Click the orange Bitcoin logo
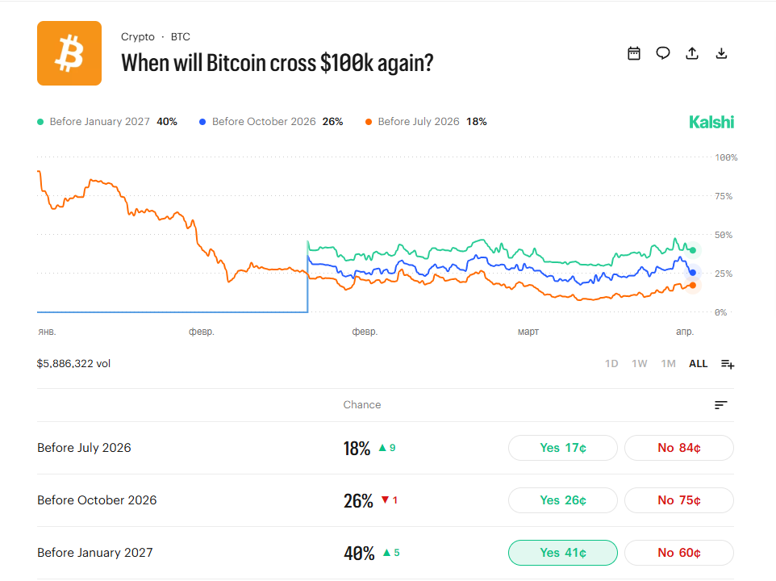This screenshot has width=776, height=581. coord(69,53)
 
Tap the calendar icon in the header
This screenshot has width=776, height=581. coord(634,53)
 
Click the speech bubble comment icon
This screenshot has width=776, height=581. coord(663,53)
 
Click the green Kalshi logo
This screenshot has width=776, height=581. coord(711,122)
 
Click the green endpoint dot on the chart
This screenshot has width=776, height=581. coord(693,250)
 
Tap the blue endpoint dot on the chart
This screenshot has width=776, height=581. coord(693,273)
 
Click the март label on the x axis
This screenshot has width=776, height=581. coord(528,332)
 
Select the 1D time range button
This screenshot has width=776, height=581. coord(611,364)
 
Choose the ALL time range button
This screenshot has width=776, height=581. coord(698,364)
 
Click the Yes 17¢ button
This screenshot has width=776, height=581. coord(563,448)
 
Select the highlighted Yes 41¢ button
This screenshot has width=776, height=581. coord(563,553)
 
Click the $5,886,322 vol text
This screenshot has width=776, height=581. coord(73,364)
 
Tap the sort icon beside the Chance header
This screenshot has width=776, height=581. coord(721,405)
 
